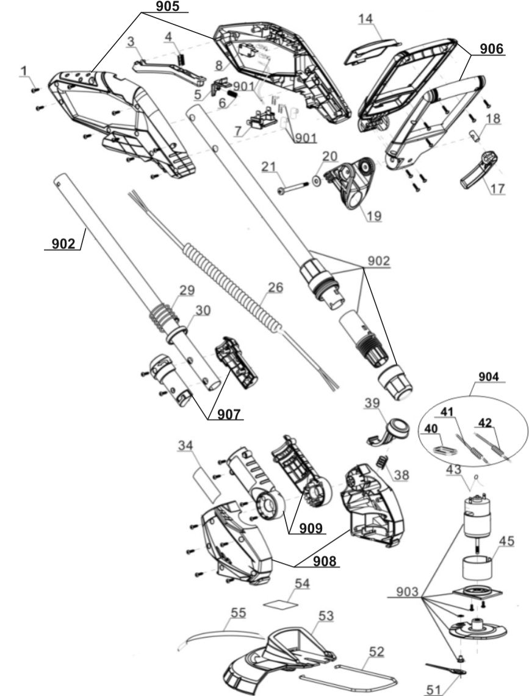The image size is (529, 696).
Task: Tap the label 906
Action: pyautogui.click(x=492, y=50)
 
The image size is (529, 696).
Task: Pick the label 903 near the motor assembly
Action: pyautogui.click(x=404, y=592)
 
